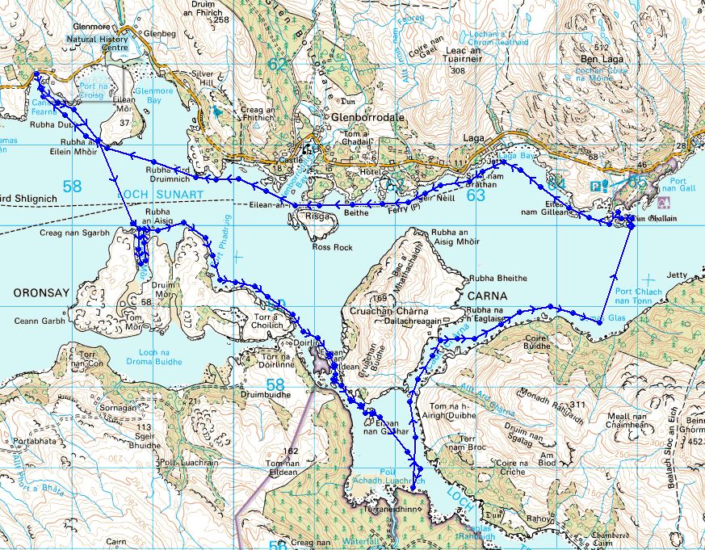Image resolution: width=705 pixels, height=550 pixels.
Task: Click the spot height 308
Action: [459, 71]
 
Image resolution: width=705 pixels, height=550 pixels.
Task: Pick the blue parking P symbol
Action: [595, 185]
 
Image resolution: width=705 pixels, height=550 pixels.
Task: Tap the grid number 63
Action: [476, 195]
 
